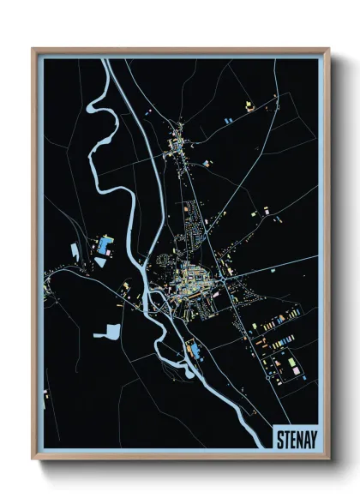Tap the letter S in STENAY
[280, 440]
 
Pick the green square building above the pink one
[292, 354]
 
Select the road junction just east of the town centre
[225, 277]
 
